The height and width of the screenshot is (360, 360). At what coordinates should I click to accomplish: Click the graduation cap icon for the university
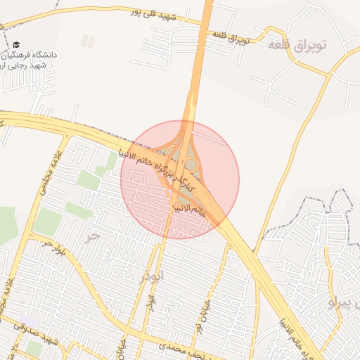pos(16,45)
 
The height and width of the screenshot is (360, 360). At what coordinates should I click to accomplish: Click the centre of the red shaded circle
pos(180,179)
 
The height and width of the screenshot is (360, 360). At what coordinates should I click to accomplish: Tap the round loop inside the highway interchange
pos(190,165)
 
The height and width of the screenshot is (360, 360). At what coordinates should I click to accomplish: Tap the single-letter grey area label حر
pos(90,237)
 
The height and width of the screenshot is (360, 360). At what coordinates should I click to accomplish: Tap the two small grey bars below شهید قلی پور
pos(87,41)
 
